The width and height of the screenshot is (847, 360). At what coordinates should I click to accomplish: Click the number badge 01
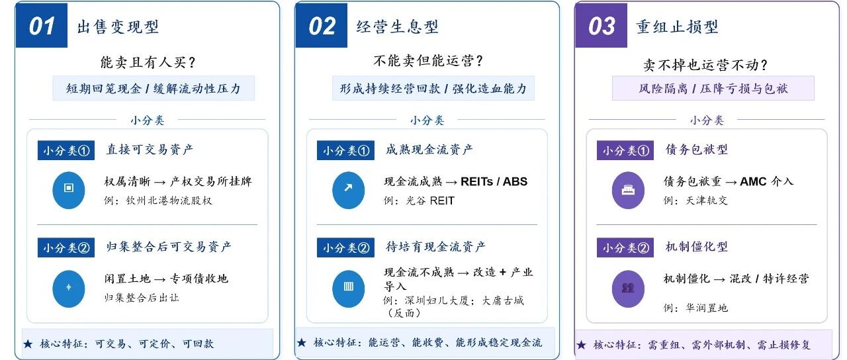42,26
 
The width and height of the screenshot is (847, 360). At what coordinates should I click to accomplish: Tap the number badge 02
322,26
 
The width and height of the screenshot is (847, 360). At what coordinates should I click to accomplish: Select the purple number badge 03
602,26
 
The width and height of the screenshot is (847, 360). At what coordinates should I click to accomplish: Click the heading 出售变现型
118,27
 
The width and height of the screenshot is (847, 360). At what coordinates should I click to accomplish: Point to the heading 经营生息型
398,27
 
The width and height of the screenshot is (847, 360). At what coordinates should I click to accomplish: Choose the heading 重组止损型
677,27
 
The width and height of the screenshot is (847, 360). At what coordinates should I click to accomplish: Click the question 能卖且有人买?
148,62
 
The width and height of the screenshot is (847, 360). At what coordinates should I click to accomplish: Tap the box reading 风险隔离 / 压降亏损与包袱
713,88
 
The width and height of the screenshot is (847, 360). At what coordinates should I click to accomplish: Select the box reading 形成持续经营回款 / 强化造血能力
433,88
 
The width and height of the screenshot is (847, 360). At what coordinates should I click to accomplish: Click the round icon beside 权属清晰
68,190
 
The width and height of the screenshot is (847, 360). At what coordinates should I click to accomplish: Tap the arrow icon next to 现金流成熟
348,190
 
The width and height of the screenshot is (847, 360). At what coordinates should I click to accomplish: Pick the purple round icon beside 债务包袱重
628,190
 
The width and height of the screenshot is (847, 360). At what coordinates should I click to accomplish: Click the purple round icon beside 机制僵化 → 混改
628,289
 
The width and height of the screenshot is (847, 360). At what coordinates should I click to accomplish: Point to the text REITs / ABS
494,182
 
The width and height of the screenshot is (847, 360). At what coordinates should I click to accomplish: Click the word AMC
753,182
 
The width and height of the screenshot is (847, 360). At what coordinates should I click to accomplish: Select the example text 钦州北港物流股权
169,201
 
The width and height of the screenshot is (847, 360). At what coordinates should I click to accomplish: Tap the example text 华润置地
707,308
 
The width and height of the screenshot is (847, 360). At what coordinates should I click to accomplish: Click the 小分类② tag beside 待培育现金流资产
345,247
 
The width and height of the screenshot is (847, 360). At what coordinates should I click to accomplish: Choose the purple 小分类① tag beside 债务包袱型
625,150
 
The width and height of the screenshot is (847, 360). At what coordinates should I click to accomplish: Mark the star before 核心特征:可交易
28,343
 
